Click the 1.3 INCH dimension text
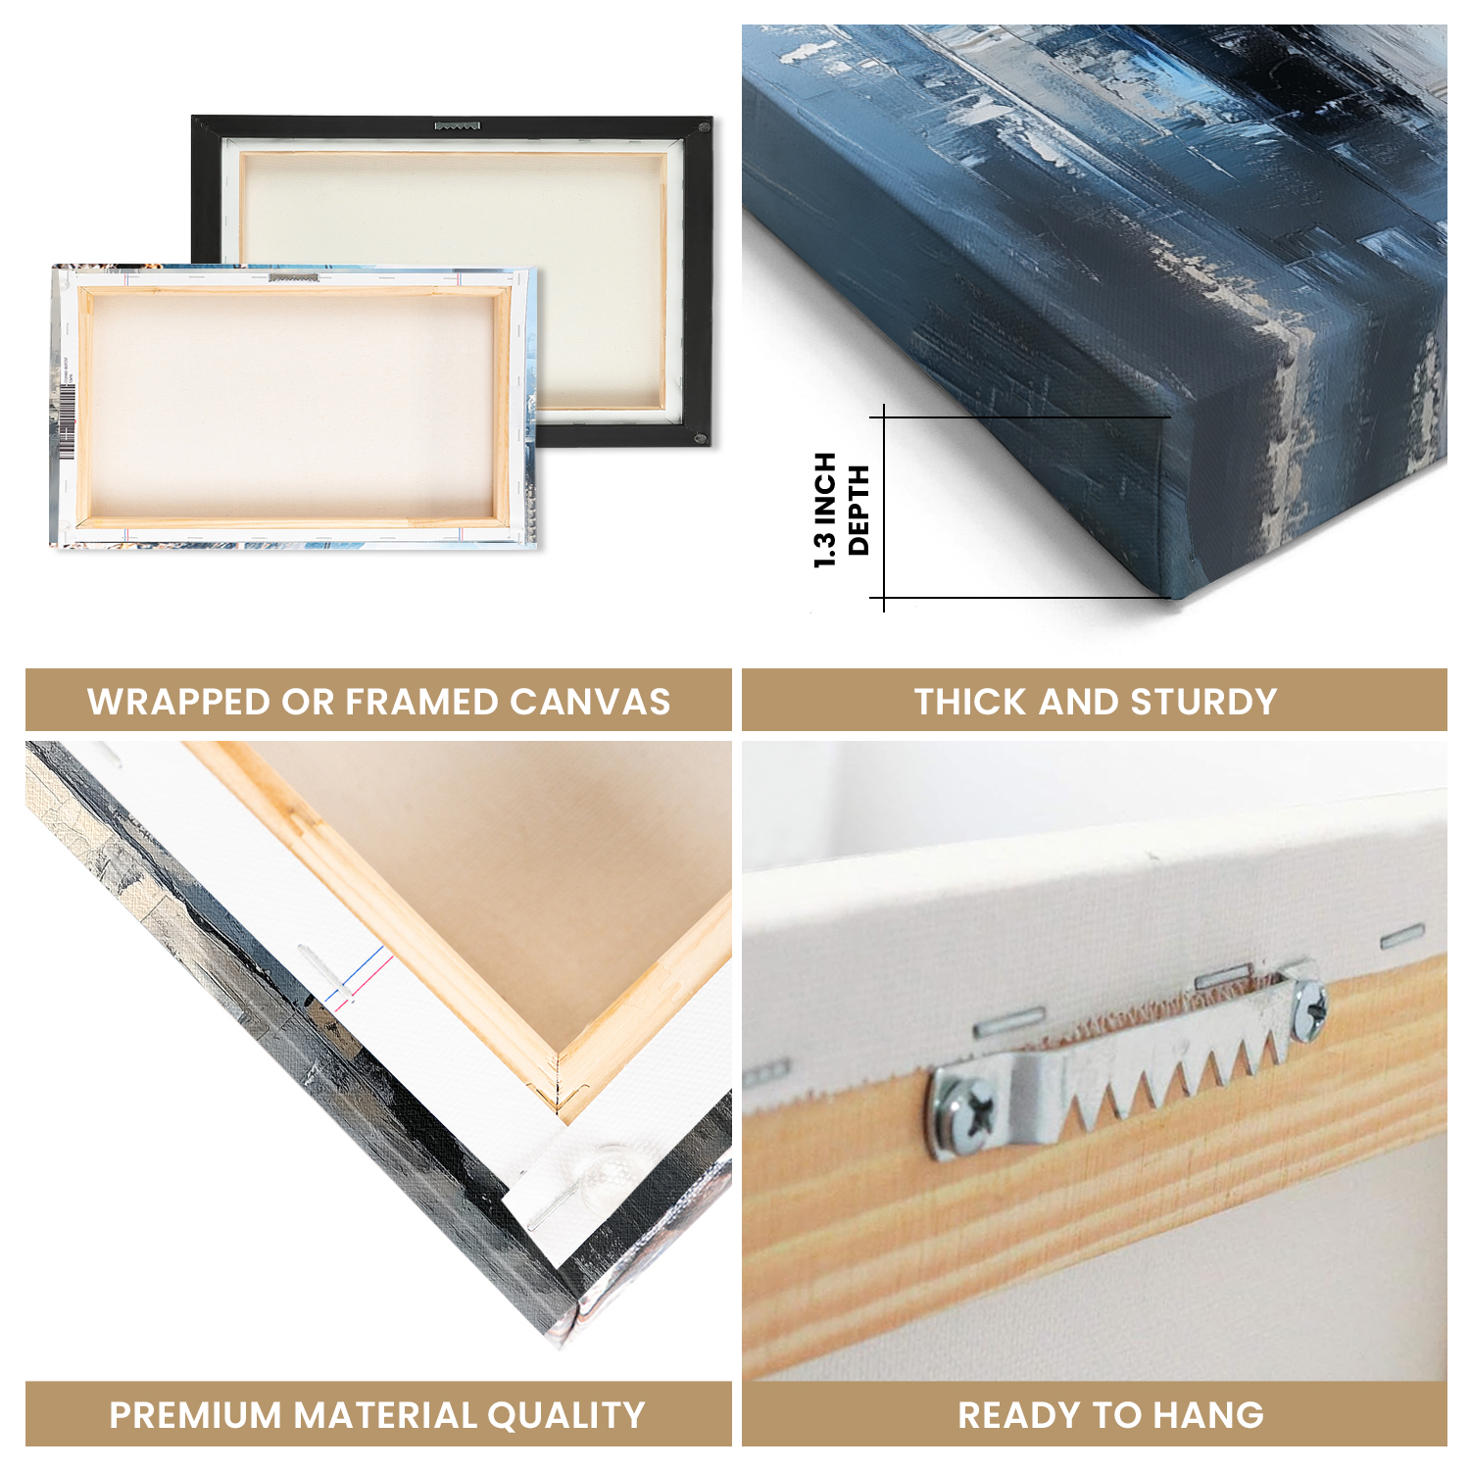pos(825,510)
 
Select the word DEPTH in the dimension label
pos(858,510)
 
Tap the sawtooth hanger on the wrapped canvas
pos(293,277)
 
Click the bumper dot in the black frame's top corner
pos(703,127)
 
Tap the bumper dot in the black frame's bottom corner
pos(700,437)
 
